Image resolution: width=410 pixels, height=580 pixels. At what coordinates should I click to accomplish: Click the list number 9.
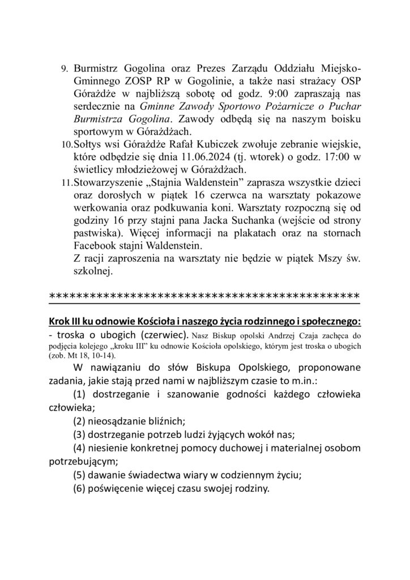point(64,69)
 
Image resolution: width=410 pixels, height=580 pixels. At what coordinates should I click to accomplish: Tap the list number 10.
point(65,146)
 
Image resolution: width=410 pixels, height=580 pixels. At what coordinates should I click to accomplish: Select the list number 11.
point(65,184)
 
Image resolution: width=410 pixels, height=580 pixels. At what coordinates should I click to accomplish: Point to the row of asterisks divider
point(204,296)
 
